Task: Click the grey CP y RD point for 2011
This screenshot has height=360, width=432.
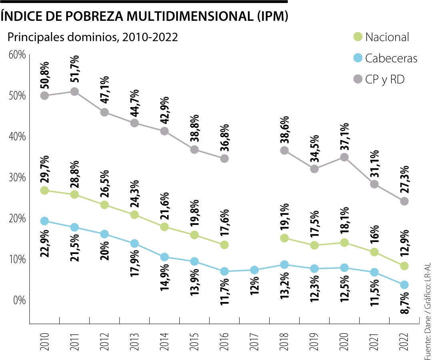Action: (x=74, y=92)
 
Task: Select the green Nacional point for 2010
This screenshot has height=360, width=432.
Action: (x=44, y=190)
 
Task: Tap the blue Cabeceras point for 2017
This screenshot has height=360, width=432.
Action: (x=254, y=270)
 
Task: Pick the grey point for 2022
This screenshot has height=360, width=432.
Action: (x=404, y=201)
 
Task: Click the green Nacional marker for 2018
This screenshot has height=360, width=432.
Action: (x=284, y=238)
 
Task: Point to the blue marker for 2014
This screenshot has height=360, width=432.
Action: (x=164, y=257)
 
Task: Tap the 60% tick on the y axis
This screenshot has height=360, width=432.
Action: (x=17, y=54)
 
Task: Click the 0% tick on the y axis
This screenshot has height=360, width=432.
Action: (x=19, y=300)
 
